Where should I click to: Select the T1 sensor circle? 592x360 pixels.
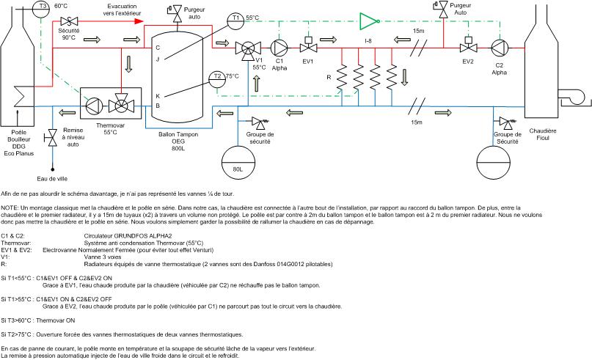[235, 20]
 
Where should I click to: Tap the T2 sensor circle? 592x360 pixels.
[216, 76]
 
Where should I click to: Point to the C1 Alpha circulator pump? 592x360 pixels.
[279, 48]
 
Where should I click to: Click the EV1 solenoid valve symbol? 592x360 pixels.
[308, 48]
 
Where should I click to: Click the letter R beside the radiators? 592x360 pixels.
[330, 77]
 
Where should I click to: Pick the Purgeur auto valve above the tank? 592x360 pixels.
[177, 12]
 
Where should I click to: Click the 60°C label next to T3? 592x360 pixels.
[61, 6]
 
